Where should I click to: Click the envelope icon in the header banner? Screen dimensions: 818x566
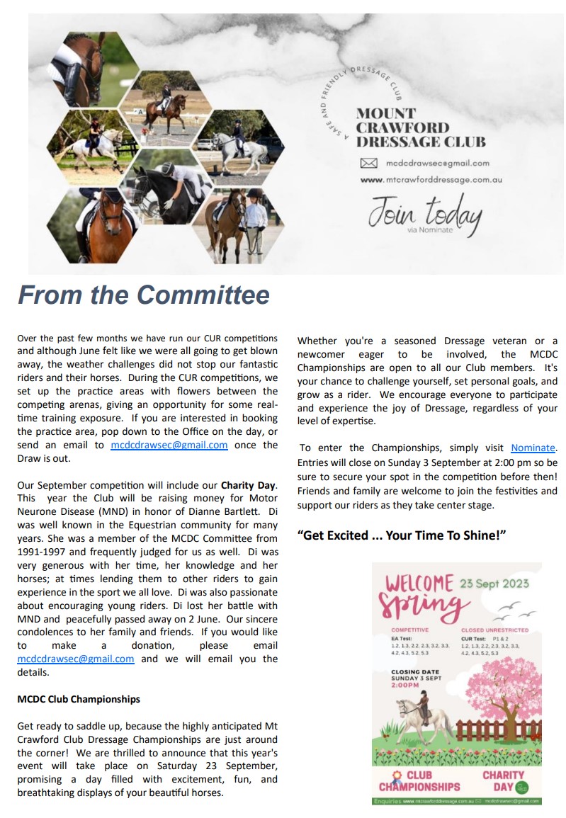pyautogui.click(x=368, y=163)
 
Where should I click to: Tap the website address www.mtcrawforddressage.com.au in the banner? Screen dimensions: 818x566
pyautogui.click(x=431, y=180)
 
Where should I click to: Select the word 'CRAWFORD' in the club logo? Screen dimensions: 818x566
pyautogui.click(x=402, y=127)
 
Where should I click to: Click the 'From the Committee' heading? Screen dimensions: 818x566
pyautogui.click(x=144, y=295)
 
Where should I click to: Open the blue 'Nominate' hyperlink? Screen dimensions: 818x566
pyautogui.click(x=533, y=448)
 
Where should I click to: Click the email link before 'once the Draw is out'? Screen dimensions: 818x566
pyautogui.click(x=169, y=445)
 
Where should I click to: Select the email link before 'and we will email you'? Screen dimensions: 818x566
pyautogui.click(x=76, y=659)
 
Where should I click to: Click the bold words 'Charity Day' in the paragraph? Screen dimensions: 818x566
pyautogui.click(x=247, y=486)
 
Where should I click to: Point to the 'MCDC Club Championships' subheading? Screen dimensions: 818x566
pyautogui.click(x=79, y=699)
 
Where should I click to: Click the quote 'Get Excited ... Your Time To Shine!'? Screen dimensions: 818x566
pyautogui.click(x=402, y=535)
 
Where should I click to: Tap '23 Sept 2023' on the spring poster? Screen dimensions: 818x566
pyautogui.click(x=494, y=584)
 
